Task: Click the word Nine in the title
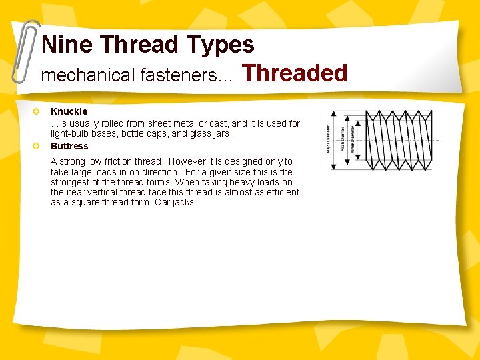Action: (67, 45)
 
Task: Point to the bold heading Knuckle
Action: (69, 111)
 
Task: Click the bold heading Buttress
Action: (69, 146)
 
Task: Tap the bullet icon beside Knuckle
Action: (39, 111)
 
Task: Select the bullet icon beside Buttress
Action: (39, 146)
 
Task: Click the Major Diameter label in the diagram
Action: (328, 139)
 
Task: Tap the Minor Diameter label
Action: (353, 139)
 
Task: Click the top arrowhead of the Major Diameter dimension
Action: (335, 112)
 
